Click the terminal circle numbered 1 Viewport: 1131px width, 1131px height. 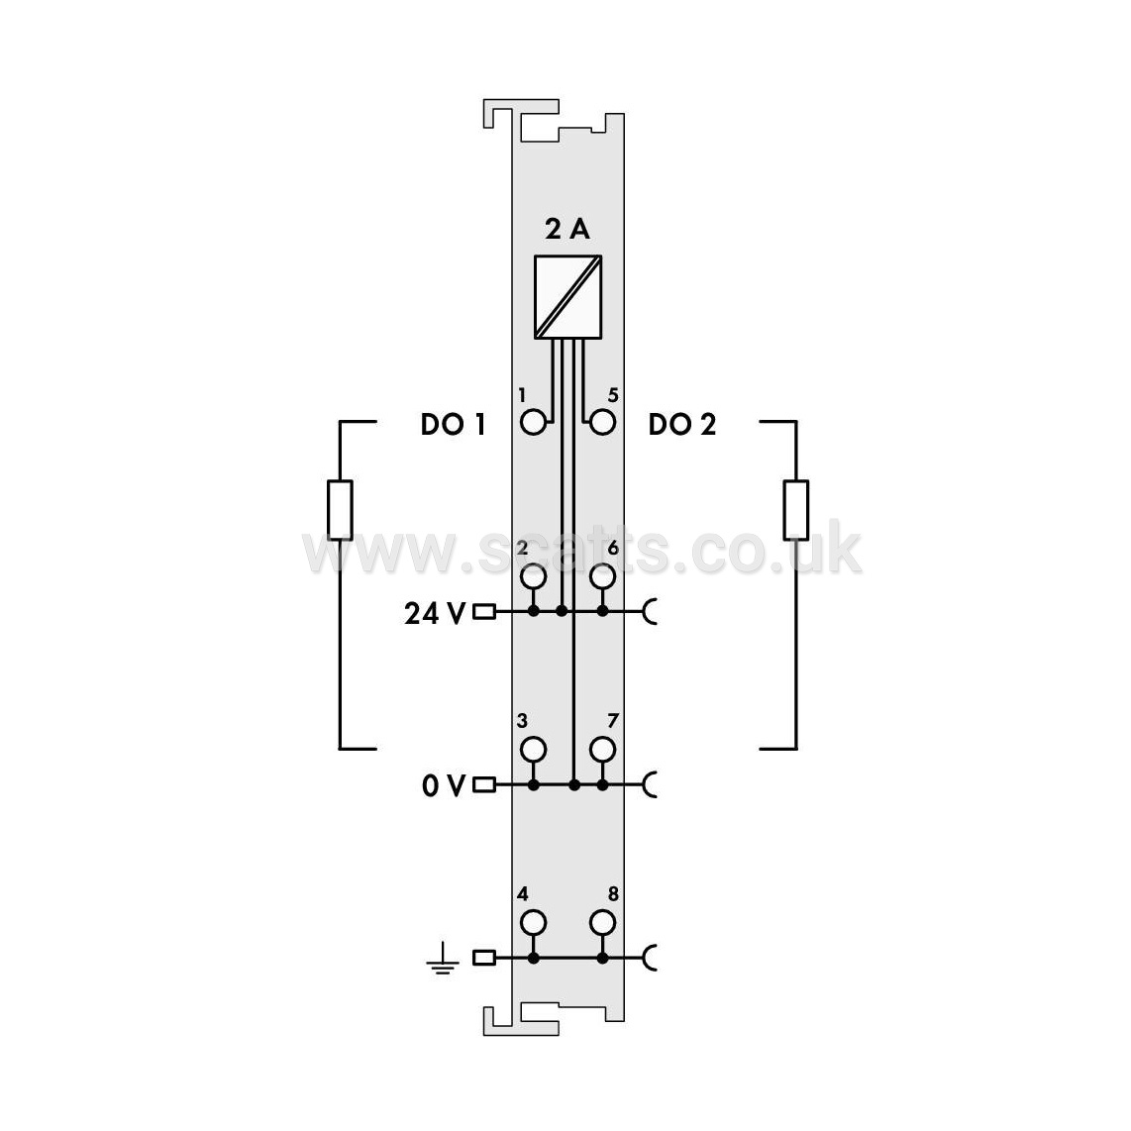(x=533, y=423)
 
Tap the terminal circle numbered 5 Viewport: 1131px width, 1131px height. (x=602, y=423)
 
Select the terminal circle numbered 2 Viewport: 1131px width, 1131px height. (x=533, y=576)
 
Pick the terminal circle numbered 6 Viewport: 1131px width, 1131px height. (x=602, y=576)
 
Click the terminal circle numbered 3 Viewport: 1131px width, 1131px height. (x=533, y=750)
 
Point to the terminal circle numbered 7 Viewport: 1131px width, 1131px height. (x=602, y=750)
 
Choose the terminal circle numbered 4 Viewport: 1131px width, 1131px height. (x=533, y=923)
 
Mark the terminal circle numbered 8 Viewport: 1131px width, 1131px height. (x=602, y=923)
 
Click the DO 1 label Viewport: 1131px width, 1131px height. (x=453, y=424)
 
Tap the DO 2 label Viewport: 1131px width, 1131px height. (x=682, y=424)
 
